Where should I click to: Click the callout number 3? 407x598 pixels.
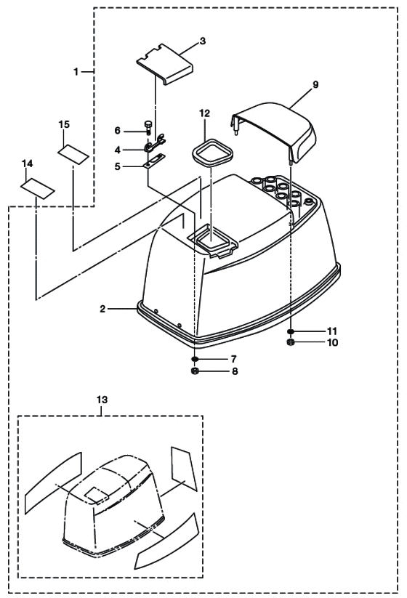click(203, 41)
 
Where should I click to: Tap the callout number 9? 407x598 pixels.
click(315, 85)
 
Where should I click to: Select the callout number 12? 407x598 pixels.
click(204, 113)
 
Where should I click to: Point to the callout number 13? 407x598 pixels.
click(102, 400)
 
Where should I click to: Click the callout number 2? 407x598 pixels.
click(102, 309)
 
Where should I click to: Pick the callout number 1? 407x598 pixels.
click(76, 71)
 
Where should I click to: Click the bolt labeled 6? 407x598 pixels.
click(148, 127)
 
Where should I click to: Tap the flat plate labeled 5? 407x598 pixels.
click(155, 160)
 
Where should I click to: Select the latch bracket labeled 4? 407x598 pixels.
click(156, 142)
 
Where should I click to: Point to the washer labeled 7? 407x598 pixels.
click(196, 359)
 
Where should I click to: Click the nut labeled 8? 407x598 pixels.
click(195, 371)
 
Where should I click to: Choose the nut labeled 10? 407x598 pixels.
click(291, 342)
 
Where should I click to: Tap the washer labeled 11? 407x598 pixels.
click(291, 331)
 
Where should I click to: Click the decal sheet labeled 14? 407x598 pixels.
click(37, 188)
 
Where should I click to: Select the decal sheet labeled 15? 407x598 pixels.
click(73, 154)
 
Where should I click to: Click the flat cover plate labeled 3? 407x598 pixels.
click(165, 64)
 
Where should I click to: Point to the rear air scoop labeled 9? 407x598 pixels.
click(275, 129)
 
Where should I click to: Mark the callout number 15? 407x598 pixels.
click(64, 124)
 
